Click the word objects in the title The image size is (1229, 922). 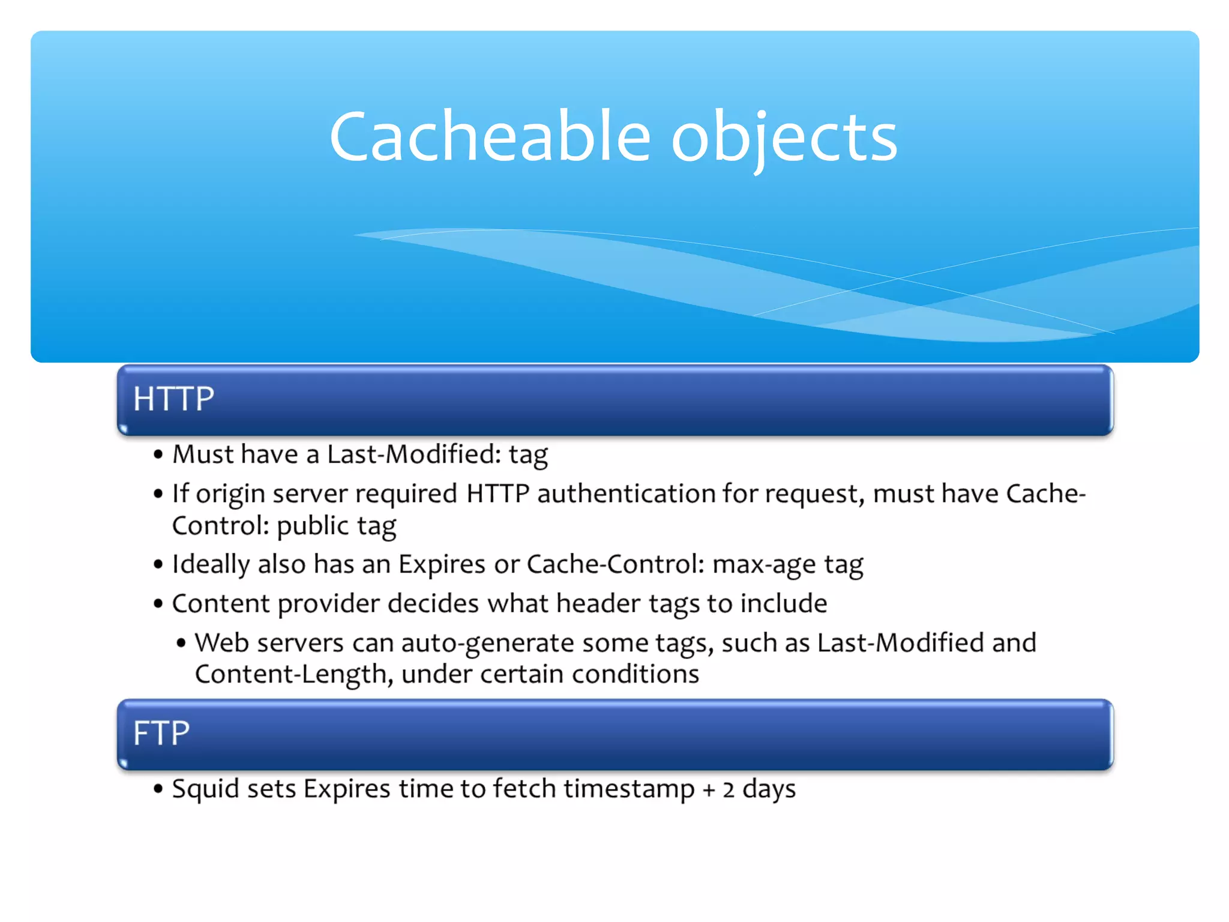tap(784, 138)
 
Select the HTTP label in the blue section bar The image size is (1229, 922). tap(173, 399)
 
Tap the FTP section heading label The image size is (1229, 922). tap(161, 733)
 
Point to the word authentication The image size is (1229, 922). tap(625, 494)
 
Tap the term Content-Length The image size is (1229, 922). tap(290, 674)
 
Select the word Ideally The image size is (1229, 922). tap(211, 565)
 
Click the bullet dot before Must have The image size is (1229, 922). tap(158, 455)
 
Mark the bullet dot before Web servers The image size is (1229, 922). tap(181, 643)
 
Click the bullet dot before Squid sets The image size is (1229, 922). tap(158, 789)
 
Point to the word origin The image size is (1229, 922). tap(230, 494)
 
